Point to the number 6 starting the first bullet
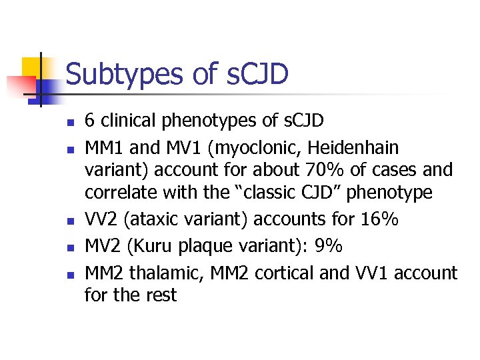click(x=90, y=121)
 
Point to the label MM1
click(x=103, y=147)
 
